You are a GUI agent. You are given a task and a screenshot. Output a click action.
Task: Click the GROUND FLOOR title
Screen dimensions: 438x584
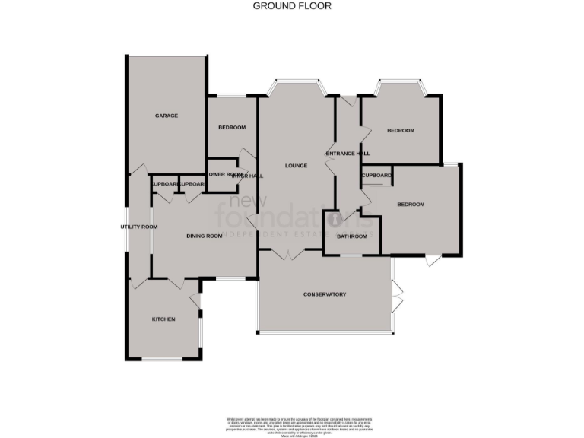pos(292,6)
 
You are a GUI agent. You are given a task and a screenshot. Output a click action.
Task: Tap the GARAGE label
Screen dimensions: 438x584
pos(167,116)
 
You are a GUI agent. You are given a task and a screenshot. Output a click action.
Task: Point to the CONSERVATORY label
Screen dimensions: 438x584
pos(325,294)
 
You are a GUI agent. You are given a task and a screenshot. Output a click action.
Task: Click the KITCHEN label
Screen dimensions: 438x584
pos(163,319)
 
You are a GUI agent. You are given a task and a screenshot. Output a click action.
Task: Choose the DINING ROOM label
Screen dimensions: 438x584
pos(205,236)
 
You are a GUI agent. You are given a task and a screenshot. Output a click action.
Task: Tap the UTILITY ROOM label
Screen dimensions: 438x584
pos(139,227)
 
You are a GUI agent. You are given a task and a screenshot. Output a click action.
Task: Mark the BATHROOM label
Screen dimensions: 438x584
pos(352,236)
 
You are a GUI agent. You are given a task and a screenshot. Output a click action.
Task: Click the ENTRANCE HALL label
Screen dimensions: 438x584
pos(348,154)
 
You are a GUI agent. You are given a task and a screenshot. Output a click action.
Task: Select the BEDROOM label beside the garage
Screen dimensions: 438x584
pos(232,127)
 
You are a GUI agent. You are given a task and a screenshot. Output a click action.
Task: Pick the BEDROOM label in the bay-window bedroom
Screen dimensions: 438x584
pos(401,131)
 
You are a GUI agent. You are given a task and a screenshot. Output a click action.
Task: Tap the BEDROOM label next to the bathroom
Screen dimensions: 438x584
pos(411,205)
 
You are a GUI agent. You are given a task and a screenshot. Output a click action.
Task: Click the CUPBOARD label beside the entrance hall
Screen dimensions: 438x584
pos(377,176)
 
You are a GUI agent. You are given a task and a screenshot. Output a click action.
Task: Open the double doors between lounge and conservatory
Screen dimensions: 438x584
pos(287,255)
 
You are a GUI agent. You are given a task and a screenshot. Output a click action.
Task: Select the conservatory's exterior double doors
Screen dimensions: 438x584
pos(395,295)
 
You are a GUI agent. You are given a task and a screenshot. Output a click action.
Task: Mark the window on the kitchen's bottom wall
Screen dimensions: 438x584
pos(163,359)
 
